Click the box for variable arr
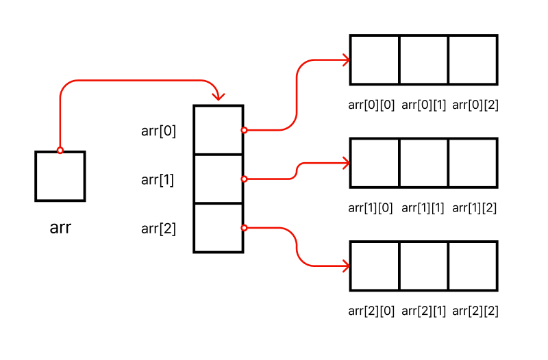(x=60, y=177)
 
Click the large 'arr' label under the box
(x=60, y=228)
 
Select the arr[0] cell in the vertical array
(x=219, y=130)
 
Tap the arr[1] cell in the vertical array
(x=219, y=179)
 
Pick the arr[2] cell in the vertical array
(x=219, y=229)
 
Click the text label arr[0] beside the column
(x=158, y=131)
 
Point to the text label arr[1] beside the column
(x=158, y=180)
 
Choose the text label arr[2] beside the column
(x=158, y=229)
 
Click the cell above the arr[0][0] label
(x=375, y=60)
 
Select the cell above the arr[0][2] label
(x=473, y=60)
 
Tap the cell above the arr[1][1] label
(x=424, y=163)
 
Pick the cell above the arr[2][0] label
(x=375, y=266)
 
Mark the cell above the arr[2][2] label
(x=473, y=266)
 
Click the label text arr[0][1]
(x=423, y=105)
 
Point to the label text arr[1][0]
(x=371, y=207)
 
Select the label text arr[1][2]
(x=475, y=207)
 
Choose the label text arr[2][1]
(x=423, y=311)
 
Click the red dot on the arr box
(x=60, y=151)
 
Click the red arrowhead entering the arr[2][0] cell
(x=346, y=266)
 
